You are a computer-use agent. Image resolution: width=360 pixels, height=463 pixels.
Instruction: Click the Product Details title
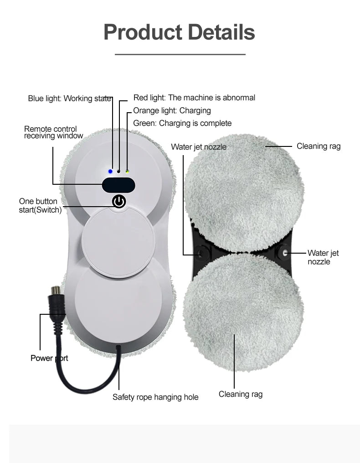(x=179, y=32)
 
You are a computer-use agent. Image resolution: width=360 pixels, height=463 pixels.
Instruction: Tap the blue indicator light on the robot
(x=110, y=172)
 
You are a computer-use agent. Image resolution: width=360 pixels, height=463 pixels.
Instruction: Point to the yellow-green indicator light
(x=127, y=172)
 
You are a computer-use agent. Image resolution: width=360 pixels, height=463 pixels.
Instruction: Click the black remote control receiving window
(x=118, y=185)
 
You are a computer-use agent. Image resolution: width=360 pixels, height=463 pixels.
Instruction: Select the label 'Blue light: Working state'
(x=70, y=98)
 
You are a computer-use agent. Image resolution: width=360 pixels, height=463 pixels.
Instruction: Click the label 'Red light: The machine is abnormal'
(x=194, y=98)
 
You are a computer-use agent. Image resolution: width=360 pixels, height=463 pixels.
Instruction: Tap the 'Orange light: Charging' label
(x=172, y=110)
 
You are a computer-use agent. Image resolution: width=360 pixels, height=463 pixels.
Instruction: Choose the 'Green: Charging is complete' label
(x=182, y=123)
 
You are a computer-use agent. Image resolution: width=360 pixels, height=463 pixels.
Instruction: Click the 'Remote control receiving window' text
(x=53, y=132)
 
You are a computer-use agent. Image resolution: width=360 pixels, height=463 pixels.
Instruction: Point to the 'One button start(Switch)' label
(x=40, y=206)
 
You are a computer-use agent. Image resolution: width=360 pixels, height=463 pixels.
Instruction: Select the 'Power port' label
(x=49, y=358)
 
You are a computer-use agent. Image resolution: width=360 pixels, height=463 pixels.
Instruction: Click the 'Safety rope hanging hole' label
(x=155, y=397)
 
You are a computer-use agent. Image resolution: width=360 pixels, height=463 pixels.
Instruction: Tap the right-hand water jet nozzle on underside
(x=285, y=252)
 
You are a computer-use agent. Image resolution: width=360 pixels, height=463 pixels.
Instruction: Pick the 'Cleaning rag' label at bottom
(x=241, y=394)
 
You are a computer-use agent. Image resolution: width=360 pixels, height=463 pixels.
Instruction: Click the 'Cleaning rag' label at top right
(x=319, y=146)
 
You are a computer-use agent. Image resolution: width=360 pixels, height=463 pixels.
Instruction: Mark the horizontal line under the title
(x=180, y=54)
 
